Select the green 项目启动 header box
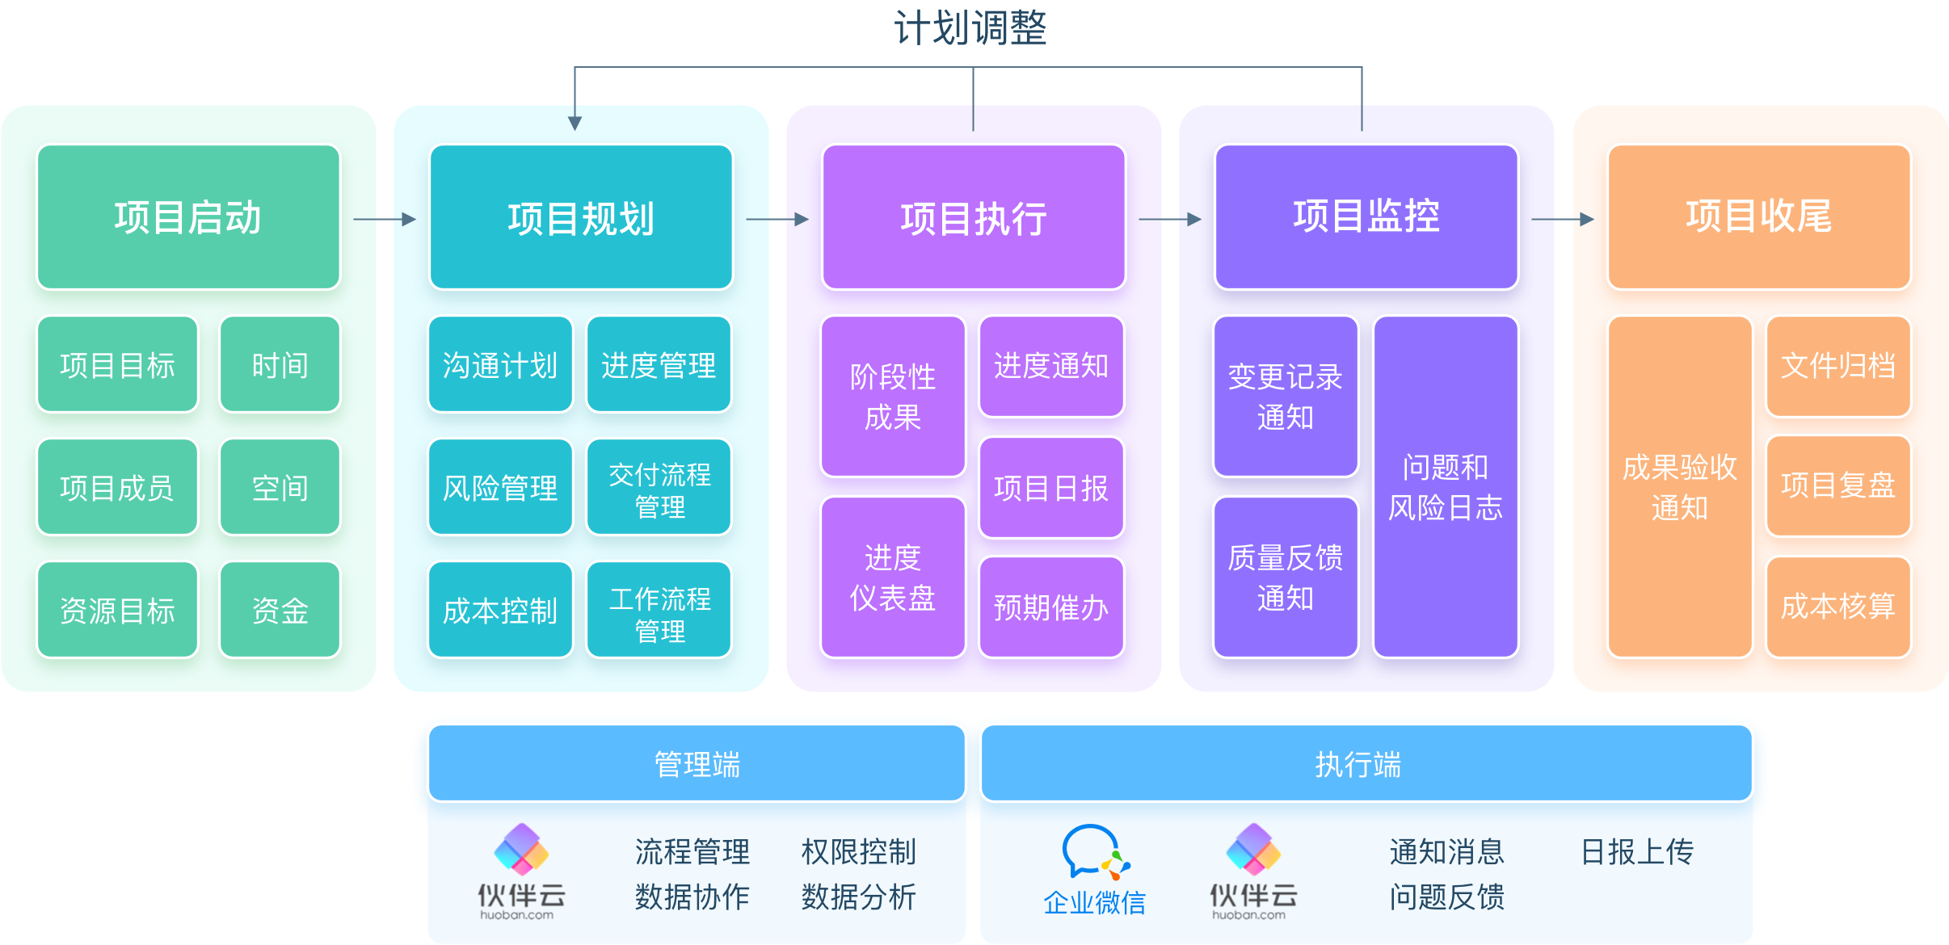pos(188,217)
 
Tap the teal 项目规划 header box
pos(581,217)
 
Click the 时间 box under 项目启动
pos(280,365)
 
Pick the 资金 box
pos(280,611)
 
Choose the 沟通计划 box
pos(500,365)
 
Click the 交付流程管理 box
pos(659,489)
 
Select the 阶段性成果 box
pos(893,397)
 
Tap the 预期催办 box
pos(1050,607)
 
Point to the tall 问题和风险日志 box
pos(1445,487)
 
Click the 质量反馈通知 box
pos(1285,577)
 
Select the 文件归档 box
pos(1837,366)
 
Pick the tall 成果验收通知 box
pos(1679,487)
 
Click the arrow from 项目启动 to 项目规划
pos(385,219)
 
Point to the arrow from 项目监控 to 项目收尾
pos(1562,219)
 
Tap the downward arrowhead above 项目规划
pos(575,123)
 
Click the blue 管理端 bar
pos(697,764)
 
